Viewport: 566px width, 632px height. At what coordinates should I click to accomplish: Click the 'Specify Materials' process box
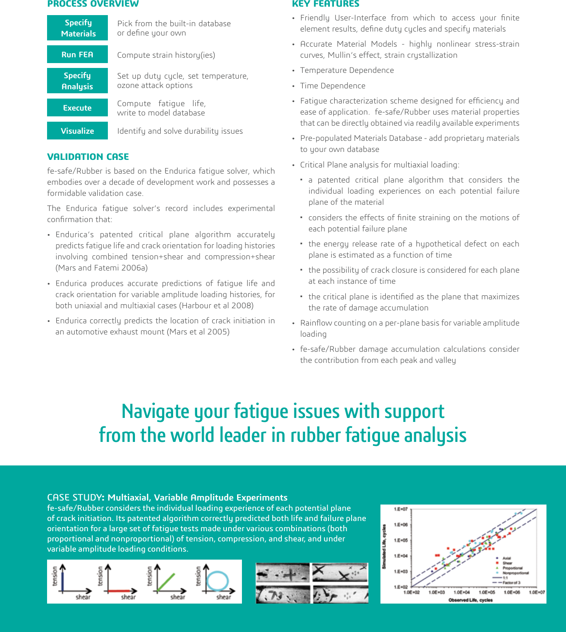[x=77, y=28]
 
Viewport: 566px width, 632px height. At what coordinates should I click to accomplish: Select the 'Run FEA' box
[x=77, y=55]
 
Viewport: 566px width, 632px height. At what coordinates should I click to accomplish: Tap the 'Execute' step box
[x=77, y=108]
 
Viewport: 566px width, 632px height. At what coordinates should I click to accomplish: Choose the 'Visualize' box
[x=77, y=131]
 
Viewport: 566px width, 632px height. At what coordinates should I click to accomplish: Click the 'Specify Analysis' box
[x=77, y=81]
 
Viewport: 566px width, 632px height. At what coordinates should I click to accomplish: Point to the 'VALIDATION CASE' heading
[x=88, y=157]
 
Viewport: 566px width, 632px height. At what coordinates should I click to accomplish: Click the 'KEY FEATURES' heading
[x=325, y=4]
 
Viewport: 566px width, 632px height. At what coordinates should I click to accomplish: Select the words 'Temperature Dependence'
[x=347, y=70]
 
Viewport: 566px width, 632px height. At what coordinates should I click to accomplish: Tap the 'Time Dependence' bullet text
[x=332, y=86]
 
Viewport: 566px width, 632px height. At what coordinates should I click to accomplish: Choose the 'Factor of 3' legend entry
[x=511, y=583]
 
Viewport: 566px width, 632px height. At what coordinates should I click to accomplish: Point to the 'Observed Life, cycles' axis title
[x=470, y=600]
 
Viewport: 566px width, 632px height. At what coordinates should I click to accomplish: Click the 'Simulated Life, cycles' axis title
[x=384, y=547]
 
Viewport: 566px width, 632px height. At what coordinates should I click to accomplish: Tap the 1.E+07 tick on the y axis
[x=400, y=509]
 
